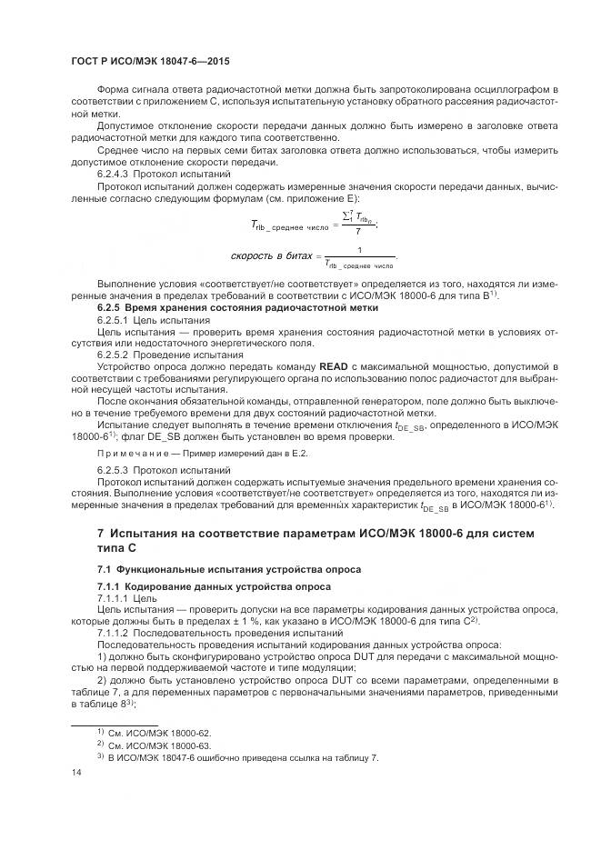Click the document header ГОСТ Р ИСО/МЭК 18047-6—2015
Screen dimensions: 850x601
coord(149,61)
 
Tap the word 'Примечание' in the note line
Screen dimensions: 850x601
coord(135,452)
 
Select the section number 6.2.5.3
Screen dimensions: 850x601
coord(115,469)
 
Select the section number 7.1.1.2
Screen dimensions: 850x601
coord(115,632)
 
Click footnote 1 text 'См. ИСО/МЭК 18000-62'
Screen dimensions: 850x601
coord(160,732)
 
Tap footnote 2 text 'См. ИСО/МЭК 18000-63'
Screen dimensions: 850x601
coord(160,745)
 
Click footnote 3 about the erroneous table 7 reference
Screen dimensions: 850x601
coord(242,757)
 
